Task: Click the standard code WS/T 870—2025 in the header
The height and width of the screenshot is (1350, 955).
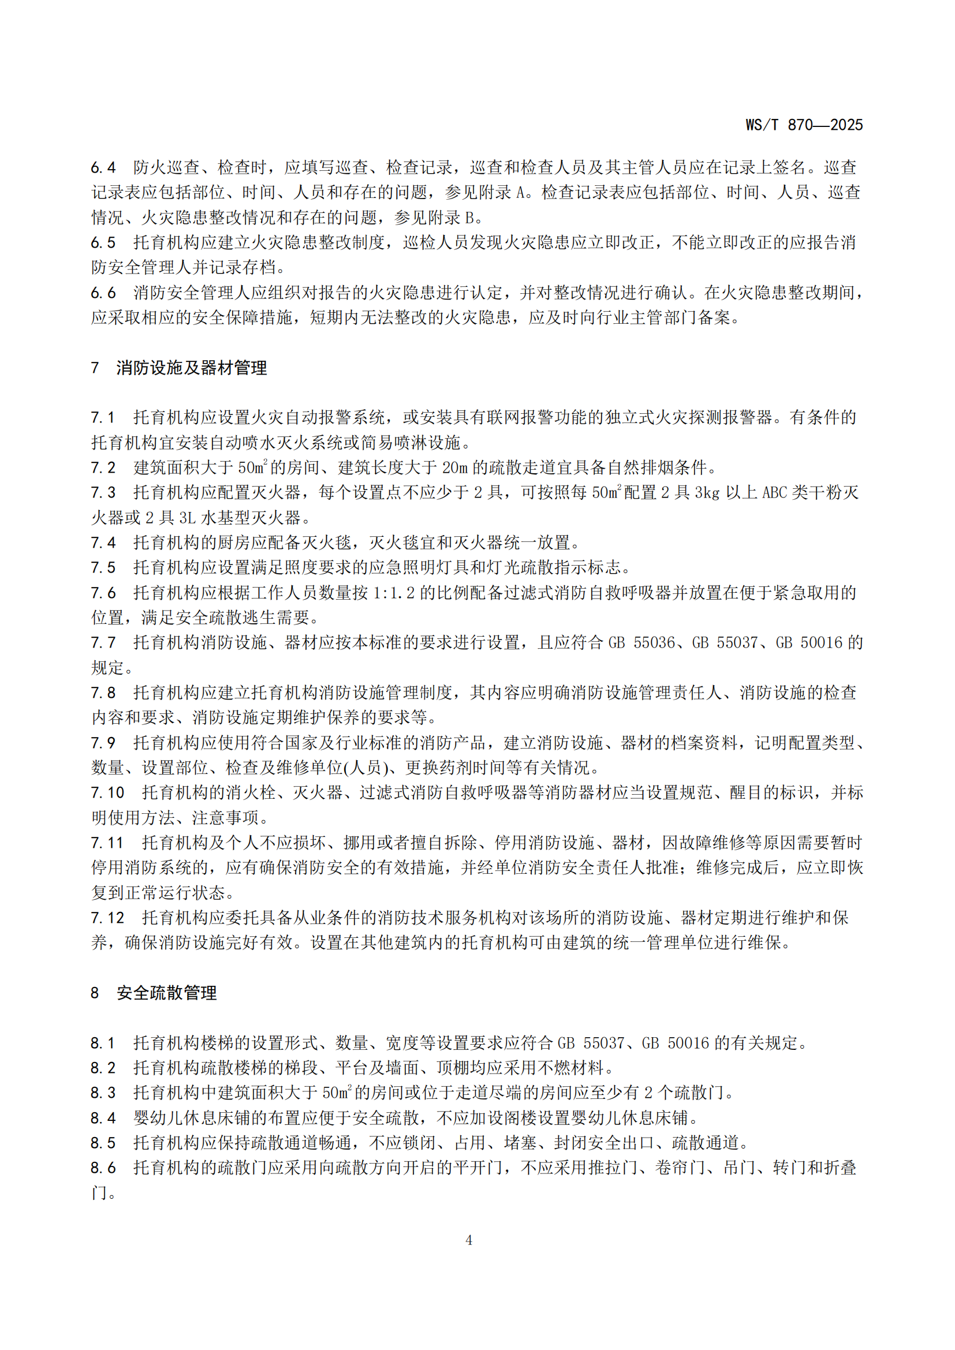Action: click(803, 125)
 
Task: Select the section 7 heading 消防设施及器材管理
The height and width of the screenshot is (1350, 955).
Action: click(191, 368)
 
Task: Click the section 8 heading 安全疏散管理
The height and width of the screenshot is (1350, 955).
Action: click(166, 993)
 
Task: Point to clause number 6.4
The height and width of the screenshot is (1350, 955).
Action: click(103, 167)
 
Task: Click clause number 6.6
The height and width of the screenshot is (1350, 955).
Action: click(103, 293)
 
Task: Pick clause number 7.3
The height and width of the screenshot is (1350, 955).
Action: click(103, 493)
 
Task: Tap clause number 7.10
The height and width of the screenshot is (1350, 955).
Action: click(107, 792)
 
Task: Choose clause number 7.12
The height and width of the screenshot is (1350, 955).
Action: click(107, 918)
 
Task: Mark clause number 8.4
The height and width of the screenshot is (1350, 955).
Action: click(103, 1118)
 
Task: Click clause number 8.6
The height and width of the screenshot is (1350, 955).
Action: click(103, 1168)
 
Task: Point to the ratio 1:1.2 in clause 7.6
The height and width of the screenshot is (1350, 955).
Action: click(393, 593)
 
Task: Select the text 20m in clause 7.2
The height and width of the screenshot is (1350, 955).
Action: click(454, 468)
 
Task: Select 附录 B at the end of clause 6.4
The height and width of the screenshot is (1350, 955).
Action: click(451, 218)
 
